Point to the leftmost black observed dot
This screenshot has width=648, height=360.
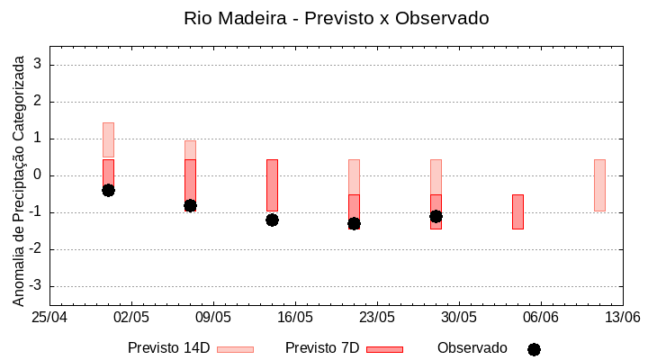click(x=108, y=190)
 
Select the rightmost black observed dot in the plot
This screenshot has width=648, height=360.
click(x=436, y=216)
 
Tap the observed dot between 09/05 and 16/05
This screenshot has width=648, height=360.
click(x=272, y=220)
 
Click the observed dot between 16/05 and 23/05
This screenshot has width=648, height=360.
click(x=354, y=223)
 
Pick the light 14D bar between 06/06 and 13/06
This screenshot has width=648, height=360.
click(x=599, y=184)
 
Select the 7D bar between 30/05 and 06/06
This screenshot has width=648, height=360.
click(x=517, y=211)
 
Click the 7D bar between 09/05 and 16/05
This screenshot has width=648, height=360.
click(x=272, y=184)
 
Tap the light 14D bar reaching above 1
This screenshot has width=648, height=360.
click(x=108, y=139)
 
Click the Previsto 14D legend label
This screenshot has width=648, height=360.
click(x=168, y=348)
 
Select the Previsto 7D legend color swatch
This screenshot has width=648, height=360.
click(x=384, y=349)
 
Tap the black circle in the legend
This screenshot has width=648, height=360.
click(x=534, y=349)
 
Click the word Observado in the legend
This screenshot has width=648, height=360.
click(x=472, y=348)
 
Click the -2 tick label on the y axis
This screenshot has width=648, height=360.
click(x=37, y=249)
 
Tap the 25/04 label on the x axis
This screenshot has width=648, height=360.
click(x=49, y=318)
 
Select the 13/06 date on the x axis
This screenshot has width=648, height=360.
click(x=622, y=318)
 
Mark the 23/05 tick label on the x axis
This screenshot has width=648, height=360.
click(x=377, y=318)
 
